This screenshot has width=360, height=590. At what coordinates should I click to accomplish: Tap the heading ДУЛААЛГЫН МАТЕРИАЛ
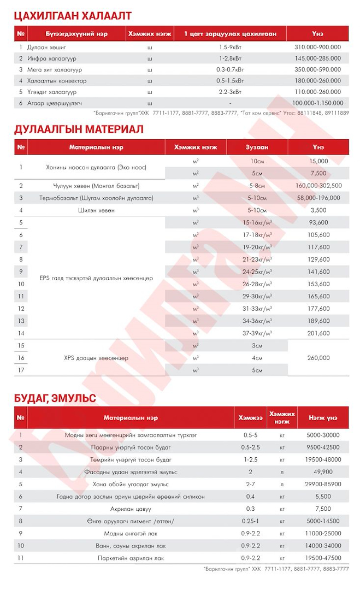[x=79, y=129]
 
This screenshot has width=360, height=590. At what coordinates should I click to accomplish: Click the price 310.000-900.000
[x=318, y=48]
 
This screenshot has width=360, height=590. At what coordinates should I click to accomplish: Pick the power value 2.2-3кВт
[x=230, y=92]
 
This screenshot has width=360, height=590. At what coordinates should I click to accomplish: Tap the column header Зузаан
[x=257, y=147]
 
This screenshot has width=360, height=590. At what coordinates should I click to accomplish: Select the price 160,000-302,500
[x=318, y=186]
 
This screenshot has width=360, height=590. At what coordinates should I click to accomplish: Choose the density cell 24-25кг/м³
[x=257, y=272]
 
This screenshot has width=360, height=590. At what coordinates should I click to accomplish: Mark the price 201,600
[x=318, y=333]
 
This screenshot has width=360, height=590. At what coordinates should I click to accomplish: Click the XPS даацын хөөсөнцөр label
[x=96, y=358]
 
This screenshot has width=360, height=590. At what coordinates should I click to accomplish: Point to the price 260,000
[x=318, y=358]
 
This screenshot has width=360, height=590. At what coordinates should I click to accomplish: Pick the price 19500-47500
[x=324, y=558]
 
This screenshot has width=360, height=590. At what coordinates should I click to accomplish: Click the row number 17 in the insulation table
[x=21, y=370]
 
